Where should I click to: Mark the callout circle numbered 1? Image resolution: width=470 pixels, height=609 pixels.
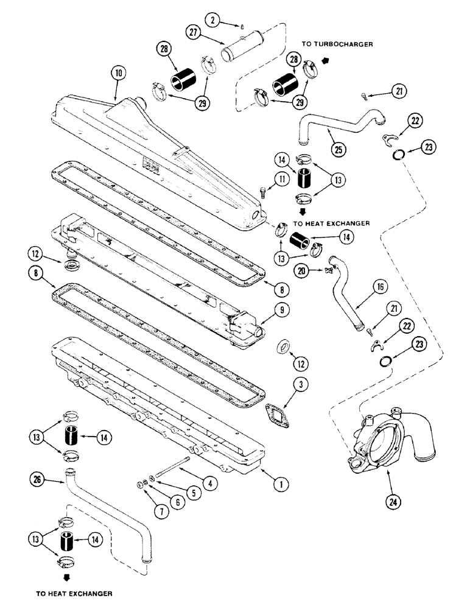pyautogui.click(x=279, y=485)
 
